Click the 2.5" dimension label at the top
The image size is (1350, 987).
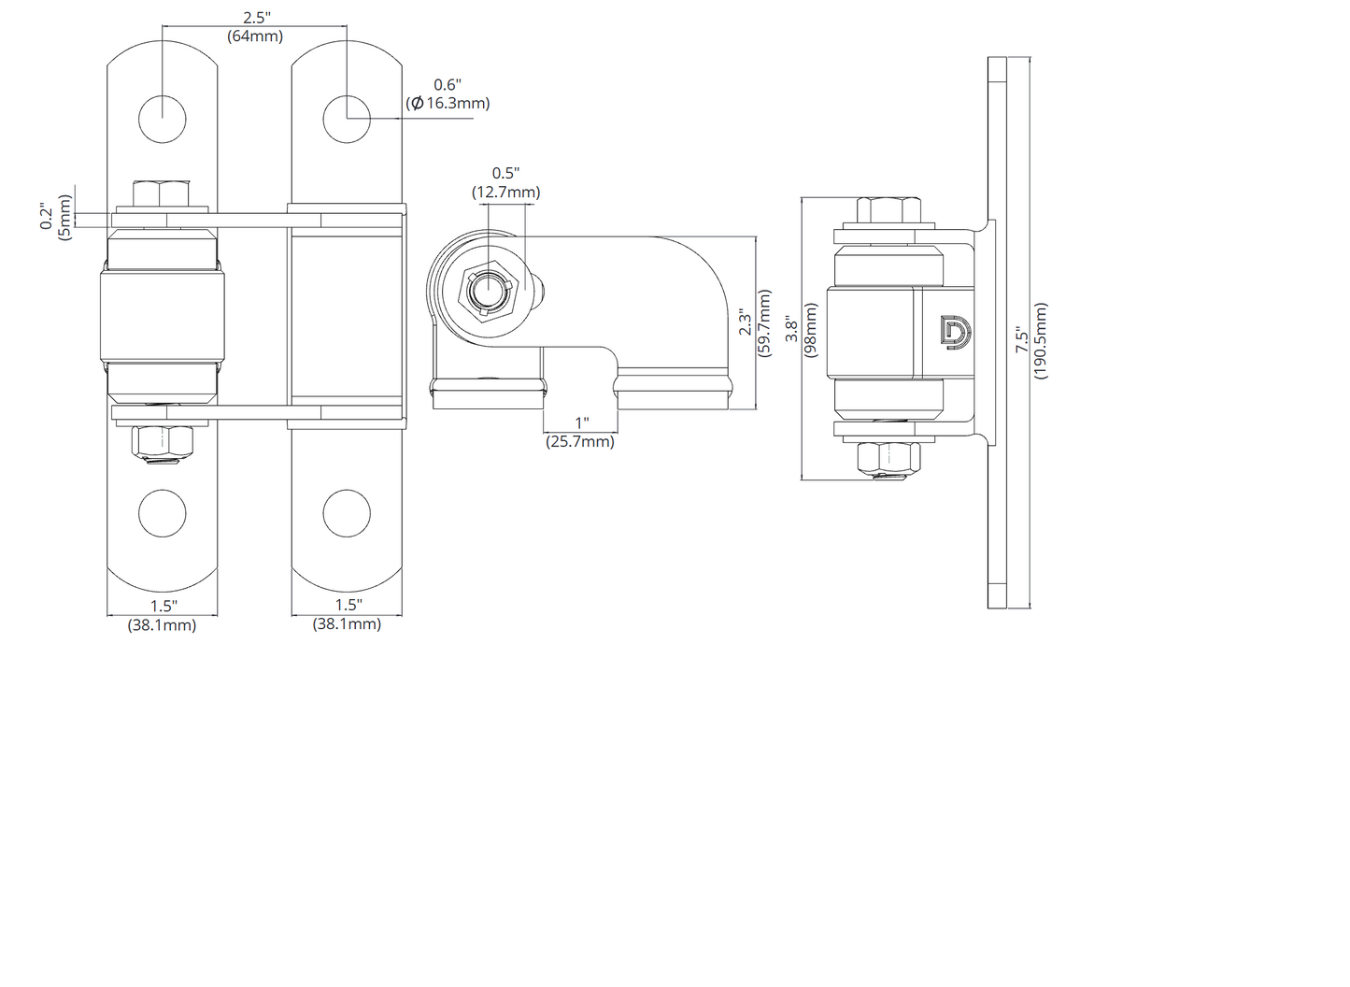[257, 17]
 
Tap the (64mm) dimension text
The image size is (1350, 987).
[255, 36]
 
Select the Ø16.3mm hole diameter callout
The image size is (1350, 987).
[448, 103]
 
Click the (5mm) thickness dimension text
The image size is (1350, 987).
[64, 218]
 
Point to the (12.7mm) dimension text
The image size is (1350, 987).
[505, 193]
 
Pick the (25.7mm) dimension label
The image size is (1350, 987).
[580, 441]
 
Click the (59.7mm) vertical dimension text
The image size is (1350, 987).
[764, 323]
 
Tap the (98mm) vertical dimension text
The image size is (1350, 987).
[811, 331]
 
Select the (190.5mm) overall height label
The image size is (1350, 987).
[1040, 340]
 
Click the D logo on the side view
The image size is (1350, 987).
[957, 332]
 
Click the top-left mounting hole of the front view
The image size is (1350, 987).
[163, 119]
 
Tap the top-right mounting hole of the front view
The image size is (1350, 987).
[347, 119]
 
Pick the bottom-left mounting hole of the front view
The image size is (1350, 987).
[163, 513]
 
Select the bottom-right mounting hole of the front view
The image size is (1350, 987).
[347, 513]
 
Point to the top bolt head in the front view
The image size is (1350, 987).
[162, 193]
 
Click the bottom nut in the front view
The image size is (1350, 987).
[163, 441]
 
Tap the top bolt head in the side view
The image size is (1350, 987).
[888, 209]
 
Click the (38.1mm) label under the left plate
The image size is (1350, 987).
[162, 625]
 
